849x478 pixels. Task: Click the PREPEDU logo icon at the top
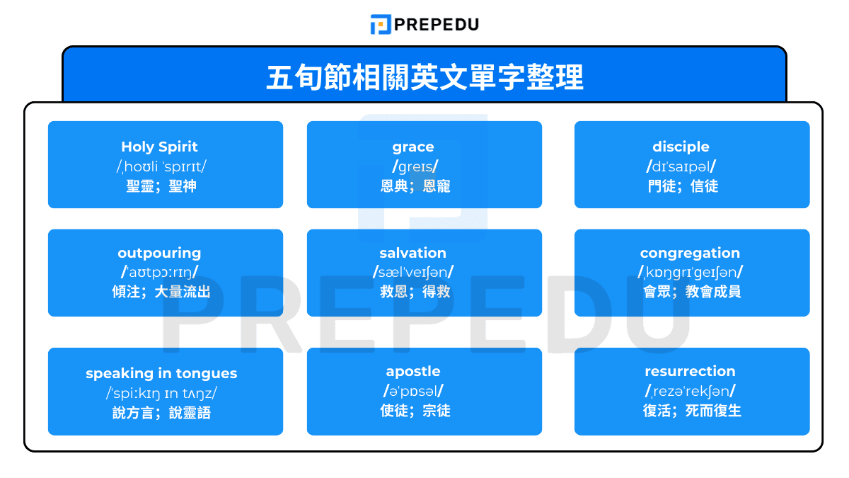(x=381, y=24)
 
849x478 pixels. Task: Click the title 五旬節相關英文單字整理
(x=424, y=77)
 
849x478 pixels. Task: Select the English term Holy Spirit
(x=159, y=147)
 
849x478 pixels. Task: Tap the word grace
(x=413, y=147)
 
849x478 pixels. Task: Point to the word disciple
(x=681, y=147)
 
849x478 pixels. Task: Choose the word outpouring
(x=159, y=253)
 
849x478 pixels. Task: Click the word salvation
(x=413, y=253)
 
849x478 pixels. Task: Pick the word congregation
(x=690, y=253)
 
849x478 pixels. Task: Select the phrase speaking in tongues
(x=161, y=373)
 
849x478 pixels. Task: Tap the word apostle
(x=413, y=371)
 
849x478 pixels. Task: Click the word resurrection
(x=690, y=371)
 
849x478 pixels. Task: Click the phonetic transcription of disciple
(x=681, y=166)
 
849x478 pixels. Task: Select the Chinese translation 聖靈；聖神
(x=161, y=186)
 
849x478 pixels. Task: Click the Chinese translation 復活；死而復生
(x=692, y=411)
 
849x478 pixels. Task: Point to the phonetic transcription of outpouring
(x=159, y=272)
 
